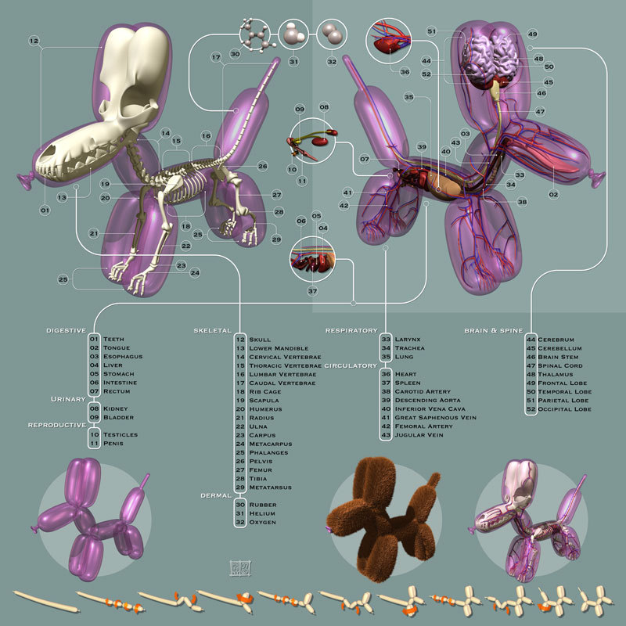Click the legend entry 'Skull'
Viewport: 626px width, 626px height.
[261, 340]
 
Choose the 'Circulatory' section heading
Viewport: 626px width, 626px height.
[351, 365]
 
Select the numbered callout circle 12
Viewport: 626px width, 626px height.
[34, 40]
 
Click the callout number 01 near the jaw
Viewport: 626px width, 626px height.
[45, 210]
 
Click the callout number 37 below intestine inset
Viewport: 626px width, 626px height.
[311, 291]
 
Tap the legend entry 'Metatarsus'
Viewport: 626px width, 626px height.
[270, 487]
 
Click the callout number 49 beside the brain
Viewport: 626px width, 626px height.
[532, 34]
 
